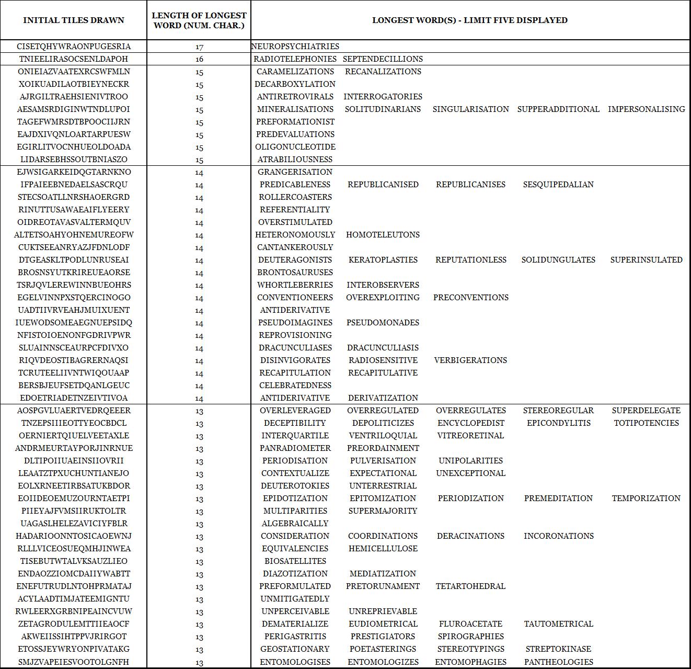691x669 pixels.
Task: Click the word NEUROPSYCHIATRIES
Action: [295, 47]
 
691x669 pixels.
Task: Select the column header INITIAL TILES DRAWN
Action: [74, 20]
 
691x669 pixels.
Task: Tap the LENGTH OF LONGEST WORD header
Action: [199, 20]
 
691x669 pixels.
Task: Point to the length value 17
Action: [199, 47]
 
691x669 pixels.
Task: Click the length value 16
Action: [199, 59]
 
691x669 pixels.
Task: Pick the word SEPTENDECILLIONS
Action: [383, 59]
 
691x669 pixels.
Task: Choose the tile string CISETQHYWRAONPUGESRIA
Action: [74, 47]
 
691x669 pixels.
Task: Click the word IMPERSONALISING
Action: [646, 109]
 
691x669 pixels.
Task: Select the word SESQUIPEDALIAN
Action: [558, 185]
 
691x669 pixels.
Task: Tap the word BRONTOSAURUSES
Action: [295, 273]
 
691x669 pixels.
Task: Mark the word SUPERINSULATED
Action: [646, 260]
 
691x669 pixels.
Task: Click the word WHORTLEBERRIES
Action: [295, 285]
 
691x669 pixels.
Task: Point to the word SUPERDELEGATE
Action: [646, 411]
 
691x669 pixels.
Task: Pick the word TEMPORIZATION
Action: [646, 498]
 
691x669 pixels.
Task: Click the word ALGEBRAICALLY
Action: [295, 524]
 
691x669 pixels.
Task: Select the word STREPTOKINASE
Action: [558, 649]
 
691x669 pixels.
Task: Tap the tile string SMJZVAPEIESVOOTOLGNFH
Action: [74, 662]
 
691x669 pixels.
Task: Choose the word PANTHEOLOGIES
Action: [558, 662]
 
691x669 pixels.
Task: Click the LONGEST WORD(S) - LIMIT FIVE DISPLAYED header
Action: [470, 20]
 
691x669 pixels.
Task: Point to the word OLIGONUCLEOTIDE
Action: [295, 147]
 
